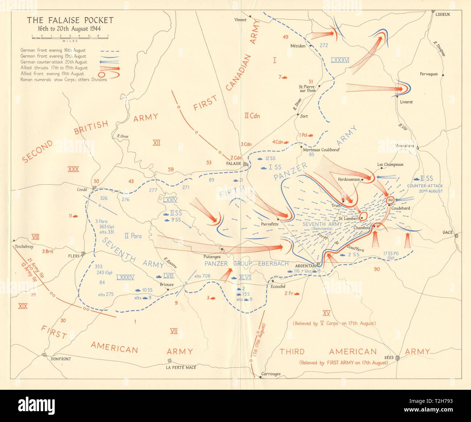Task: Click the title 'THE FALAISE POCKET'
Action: click(70, 20)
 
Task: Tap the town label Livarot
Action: click(406, 102)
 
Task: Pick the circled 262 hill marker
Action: click(390, 200)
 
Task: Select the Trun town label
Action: click(336, 206)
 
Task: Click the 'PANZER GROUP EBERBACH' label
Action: click(247, 263)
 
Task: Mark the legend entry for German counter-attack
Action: click(54, 62)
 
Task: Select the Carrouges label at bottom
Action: click(271, 374)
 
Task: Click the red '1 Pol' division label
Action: click(303, 135)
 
